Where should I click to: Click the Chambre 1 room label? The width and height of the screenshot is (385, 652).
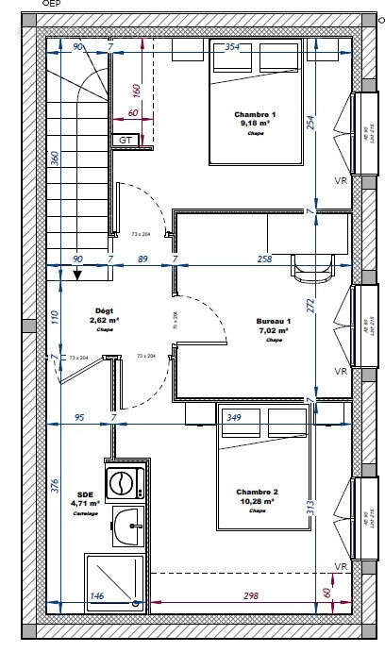pyautogui.click(x=254, y=114)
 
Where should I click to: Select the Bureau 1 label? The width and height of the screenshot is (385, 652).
pyautogui.click(x=274, y=322)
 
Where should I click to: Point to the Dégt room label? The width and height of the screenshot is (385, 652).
pyautogui.click(x=105, y=310)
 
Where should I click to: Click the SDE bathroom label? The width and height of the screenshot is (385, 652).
pyautogui.click(x=85, y=493)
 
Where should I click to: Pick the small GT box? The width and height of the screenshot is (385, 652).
pyautogui.click(x=125, y=140)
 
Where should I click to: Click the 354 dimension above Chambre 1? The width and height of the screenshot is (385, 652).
pyautogui.click(x=232, y=46)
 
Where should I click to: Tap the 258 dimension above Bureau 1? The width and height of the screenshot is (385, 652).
pyautogui.click(x=265, y=258)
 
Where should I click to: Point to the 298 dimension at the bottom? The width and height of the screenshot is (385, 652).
pyautogui.click(x=251, y=596)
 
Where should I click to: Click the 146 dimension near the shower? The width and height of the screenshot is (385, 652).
pyautogui.click(x=96, y=596)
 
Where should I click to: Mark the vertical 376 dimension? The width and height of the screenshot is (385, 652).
pyautogui.click(x=55, y=487)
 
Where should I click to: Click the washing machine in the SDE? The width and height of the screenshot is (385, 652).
pyautogui.click(x=123, y=483)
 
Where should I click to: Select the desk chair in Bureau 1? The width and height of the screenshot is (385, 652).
pyautogui.click(x=312, y=269)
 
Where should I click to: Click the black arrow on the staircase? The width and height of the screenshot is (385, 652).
pyautogui.click(x=78, y=275)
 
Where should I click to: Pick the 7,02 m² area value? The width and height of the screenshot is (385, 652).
pyautogui.click(x=274, y=331)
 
